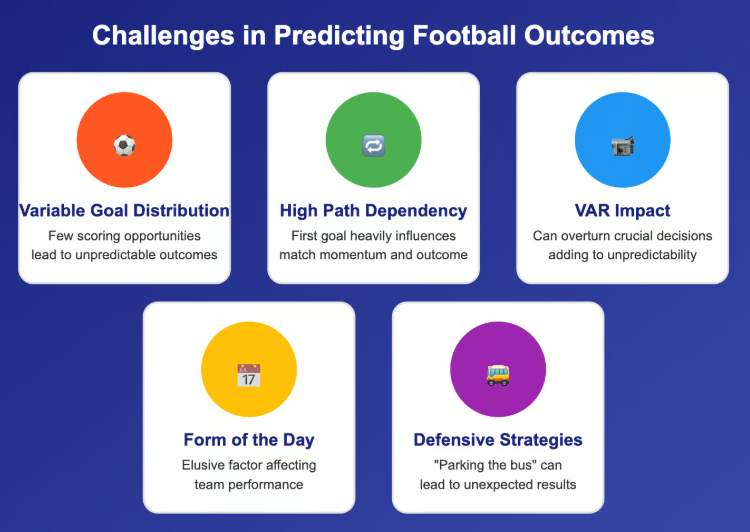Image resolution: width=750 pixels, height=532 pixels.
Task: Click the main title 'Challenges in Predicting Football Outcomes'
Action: pos(374,36)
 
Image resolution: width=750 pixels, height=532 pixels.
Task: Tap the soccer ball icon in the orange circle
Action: pos(124,145)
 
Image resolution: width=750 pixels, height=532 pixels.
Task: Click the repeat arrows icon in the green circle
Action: pos(373,145)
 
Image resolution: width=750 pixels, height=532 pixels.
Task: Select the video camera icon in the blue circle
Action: pos(622,145)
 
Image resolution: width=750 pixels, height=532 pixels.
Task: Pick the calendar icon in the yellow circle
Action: pos(248,375)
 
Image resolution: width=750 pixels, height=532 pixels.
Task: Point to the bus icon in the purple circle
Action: pos(498,375)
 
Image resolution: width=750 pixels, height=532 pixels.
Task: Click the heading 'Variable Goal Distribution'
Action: pos(124,211)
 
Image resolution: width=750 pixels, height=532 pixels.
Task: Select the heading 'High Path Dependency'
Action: pos(373,211)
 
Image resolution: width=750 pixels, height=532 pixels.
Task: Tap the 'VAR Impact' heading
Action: pos(622,211)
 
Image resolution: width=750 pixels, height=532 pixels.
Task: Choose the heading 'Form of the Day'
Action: pos(248,440)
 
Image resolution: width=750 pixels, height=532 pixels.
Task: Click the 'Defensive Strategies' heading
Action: pos(498,440)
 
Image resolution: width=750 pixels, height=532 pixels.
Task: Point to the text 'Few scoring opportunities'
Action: pos(124,236)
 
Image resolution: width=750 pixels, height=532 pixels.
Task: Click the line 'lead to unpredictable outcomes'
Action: pos(124,254)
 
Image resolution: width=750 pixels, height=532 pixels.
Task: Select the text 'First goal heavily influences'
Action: pos(373,236)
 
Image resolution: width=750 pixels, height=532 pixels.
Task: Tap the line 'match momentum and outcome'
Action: pos(373,254)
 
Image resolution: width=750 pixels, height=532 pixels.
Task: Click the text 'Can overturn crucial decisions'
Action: pos(622,236)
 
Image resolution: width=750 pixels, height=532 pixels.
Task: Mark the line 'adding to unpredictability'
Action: pos(622,254)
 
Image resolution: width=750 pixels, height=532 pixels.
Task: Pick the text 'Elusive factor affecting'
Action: pos(248,465)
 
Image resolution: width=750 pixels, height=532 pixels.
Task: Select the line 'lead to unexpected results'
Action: pos(498,484)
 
